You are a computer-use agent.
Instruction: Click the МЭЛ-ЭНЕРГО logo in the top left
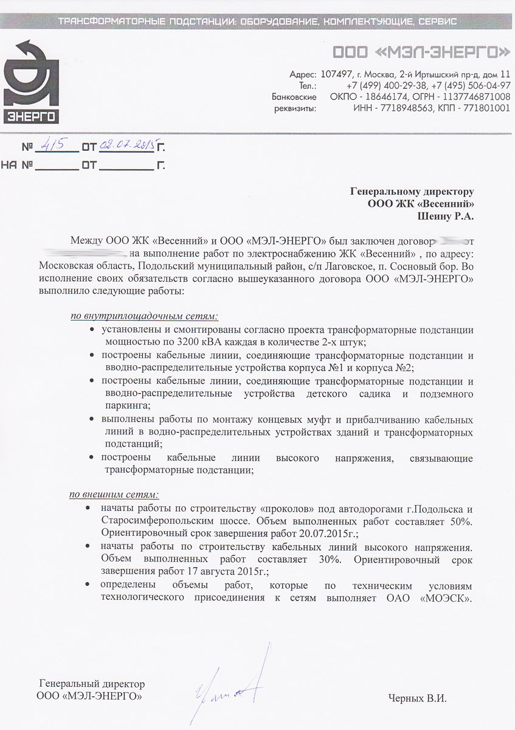[31, 82]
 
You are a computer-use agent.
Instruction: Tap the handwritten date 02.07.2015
[126, 145]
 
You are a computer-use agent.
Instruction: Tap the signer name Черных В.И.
[417, 698]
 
